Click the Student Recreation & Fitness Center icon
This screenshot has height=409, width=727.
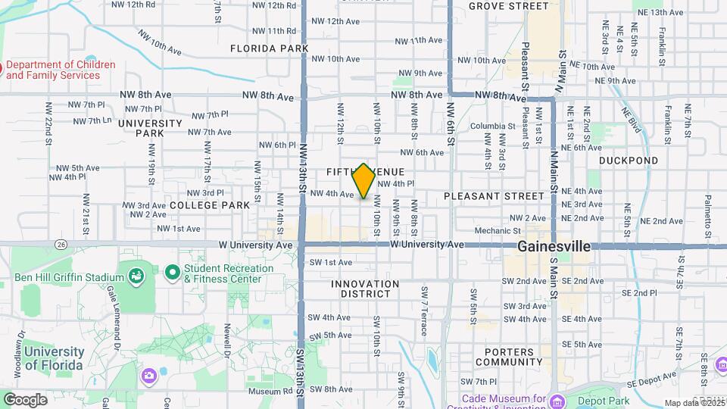pos(172,270)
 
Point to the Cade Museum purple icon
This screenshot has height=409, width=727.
pos(558,400)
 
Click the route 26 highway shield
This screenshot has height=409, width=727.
pos(61,244)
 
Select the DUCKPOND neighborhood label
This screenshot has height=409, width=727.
pos(629,161)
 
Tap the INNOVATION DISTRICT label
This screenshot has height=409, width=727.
pos(365,289)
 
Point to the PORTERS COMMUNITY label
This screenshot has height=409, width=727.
pos(514,357)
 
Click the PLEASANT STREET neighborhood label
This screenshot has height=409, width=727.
pos(494,196)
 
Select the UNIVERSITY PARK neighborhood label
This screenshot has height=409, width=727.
pos(150,128)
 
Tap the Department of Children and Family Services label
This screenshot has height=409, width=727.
pos(61,70)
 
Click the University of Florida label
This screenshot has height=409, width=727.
pos(53,358)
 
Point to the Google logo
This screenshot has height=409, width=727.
pos(25,399)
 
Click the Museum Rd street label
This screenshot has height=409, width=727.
pos(264,392)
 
